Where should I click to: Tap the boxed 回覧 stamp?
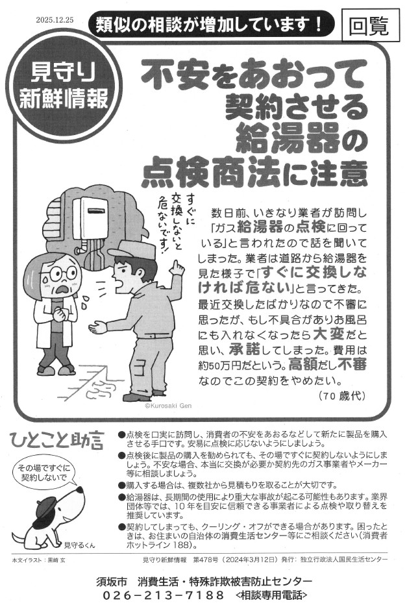(x=369, y=25)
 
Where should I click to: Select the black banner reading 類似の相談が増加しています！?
(x=209, y=25)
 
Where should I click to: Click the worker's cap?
(x=132, y=249)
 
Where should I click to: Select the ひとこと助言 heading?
(x=57, y=441)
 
